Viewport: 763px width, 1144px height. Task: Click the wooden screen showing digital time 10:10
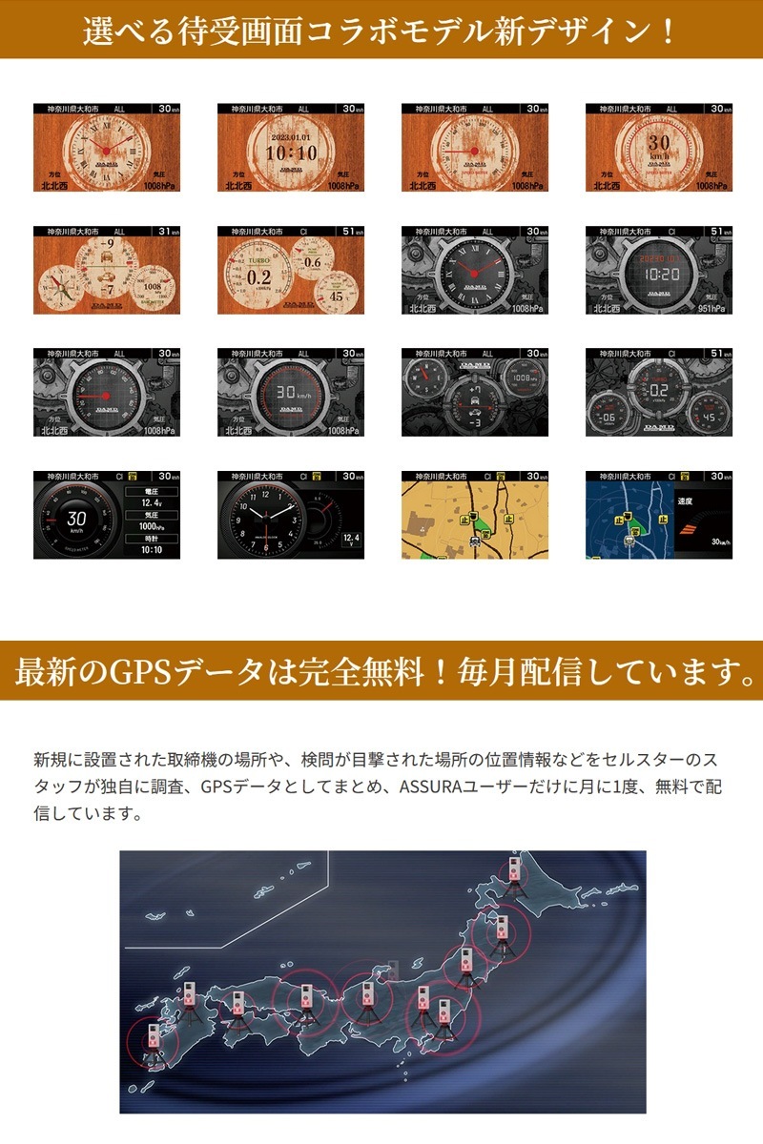[291, 153]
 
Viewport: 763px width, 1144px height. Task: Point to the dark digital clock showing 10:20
[659, 274]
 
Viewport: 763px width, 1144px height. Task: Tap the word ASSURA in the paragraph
[431, 788]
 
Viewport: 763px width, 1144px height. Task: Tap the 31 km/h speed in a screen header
[166, 232]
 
